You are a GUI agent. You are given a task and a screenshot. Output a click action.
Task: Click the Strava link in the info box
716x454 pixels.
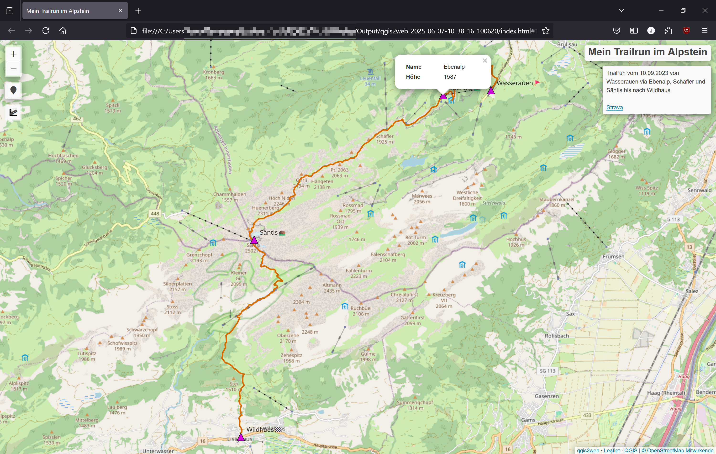coord(614,107)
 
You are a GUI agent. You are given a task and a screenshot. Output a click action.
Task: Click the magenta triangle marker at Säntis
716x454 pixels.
coord(254,240)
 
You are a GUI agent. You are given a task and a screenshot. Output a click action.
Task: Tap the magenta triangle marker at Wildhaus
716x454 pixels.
coord(241,437)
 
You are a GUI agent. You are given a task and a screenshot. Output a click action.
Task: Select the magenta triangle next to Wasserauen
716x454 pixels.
coord(491,91)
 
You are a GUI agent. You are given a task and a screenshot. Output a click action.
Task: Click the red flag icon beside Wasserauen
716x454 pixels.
coord(537,83)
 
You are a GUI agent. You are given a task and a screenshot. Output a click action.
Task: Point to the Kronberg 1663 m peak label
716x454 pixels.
coord(214,75)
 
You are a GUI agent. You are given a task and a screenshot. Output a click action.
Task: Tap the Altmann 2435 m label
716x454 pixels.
coord(332,288)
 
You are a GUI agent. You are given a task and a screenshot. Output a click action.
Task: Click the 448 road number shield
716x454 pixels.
coord(155,213)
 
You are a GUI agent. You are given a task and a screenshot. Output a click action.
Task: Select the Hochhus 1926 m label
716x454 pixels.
coord(516,242)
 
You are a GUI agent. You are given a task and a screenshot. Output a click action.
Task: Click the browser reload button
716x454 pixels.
coord(46,31)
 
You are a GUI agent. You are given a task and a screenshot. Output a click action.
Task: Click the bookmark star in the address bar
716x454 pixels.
coord(546,31)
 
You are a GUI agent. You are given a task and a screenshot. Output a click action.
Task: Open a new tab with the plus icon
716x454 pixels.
coord(138,11)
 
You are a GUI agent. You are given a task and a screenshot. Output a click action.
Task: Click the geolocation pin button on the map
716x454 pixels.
coord(13,90)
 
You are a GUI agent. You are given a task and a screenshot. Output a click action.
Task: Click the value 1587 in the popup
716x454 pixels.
coord(450,77)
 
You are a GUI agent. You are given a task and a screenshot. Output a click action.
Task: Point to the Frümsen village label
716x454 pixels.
coord(613,256)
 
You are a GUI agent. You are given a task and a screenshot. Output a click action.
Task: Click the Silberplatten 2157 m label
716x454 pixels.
coord(177,286)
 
